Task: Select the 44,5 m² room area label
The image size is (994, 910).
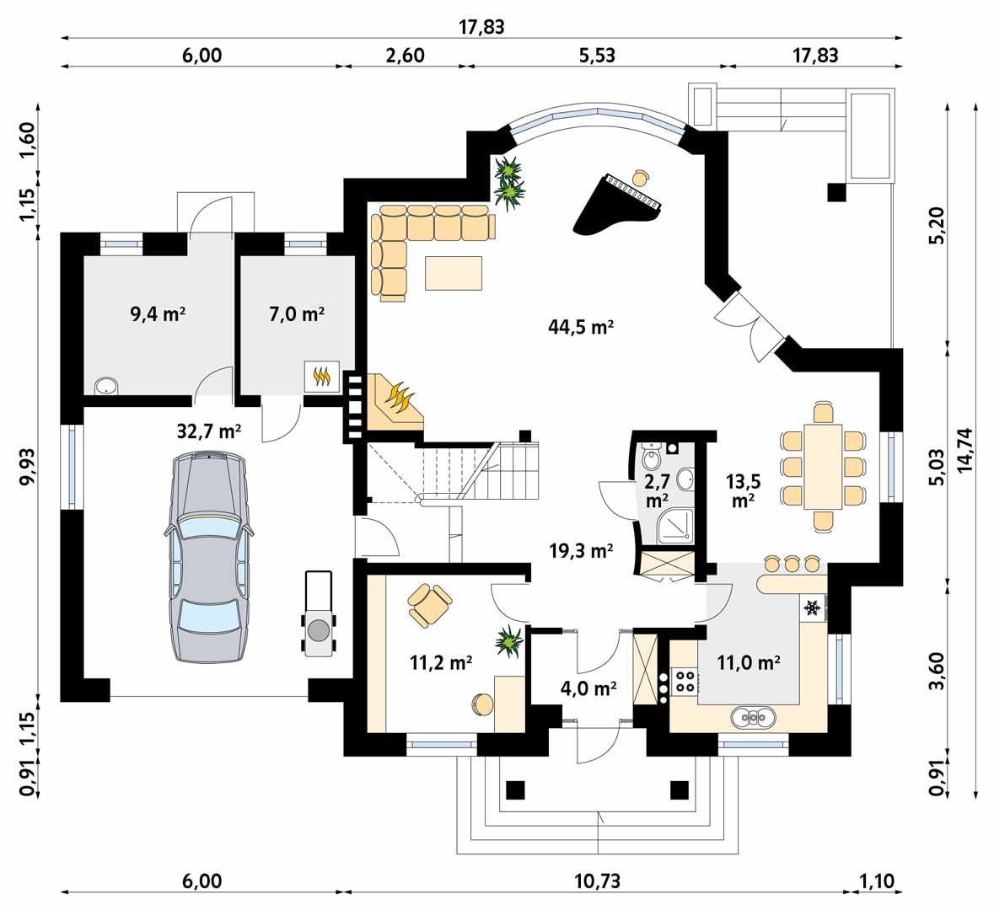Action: [x=581, y=327]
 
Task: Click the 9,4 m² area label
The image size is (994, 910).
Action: [x=158, y=313]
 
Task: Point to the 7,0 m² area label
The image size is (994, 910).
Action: [x=298, y=313]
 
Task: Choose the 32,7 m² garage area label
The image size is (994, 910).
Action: [x=208, y=431]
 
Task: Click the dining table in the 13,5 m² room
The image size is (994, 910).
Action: [x=823, y=467]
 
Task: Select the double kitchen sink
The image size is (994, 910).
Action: [x=753, y=717]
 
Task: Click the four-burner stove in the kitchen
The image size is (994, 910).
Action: [x=685, y=681]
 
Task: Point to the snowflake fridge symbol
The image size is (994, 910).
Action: [x=811, y=608]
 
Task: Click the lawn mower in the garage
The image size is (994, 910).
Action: [x=319, y=613]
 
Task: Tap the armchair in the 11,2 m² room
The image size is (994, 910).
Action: [x=429, y=604]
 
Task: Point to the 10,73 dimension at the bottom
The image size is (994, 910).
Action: [x=597, y=881]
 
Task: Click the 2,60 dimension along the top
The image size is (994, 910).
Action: [x=405, y=55]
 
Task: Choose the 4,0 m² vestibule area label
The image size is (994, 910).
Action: [x=589, y=688]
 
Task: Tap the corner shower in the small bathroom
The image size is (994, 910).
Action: [x=675, y=527]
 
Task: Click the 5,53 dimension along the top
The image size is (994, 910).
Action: [x=597, y=55]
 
